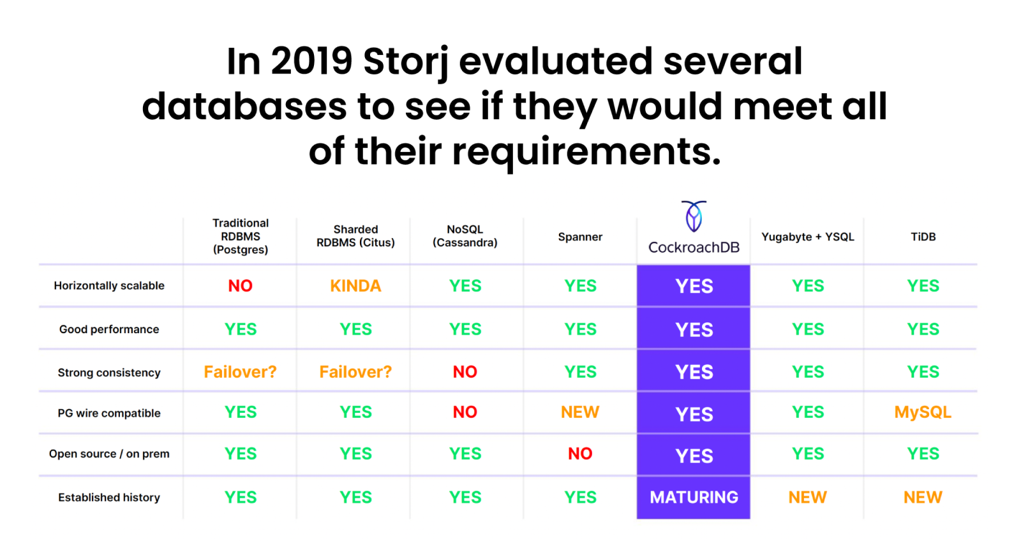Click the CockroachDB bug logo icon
(694, 217)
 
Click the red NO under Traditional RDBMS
(240, 286)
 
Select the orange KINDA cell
(355, 286)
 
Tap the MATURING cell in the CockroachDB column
(694, 497)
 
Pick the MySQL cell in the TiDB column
(923, 412)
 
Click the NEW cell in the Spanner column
(580, 412)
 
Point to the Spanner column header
(580, 237)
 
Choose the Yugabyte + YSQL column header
(807, 237)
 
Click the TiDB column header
(923, 237)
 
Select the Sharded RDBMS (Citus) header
(355, 236)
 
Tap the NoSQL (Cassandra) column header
(465, 236)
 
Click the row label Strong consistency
(109, 373)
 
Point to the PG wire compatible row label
(109, 414)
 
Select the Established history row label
(109, 498)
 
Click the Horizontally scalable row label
(109, 286)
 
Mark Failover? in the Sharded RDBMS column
(355, 372)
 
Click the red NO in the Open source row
(580, 454)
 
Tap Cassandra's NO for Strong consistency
(465, 372)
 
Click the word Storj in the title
(406, 63)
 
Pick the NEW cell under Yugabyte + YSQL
(807, 497)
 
